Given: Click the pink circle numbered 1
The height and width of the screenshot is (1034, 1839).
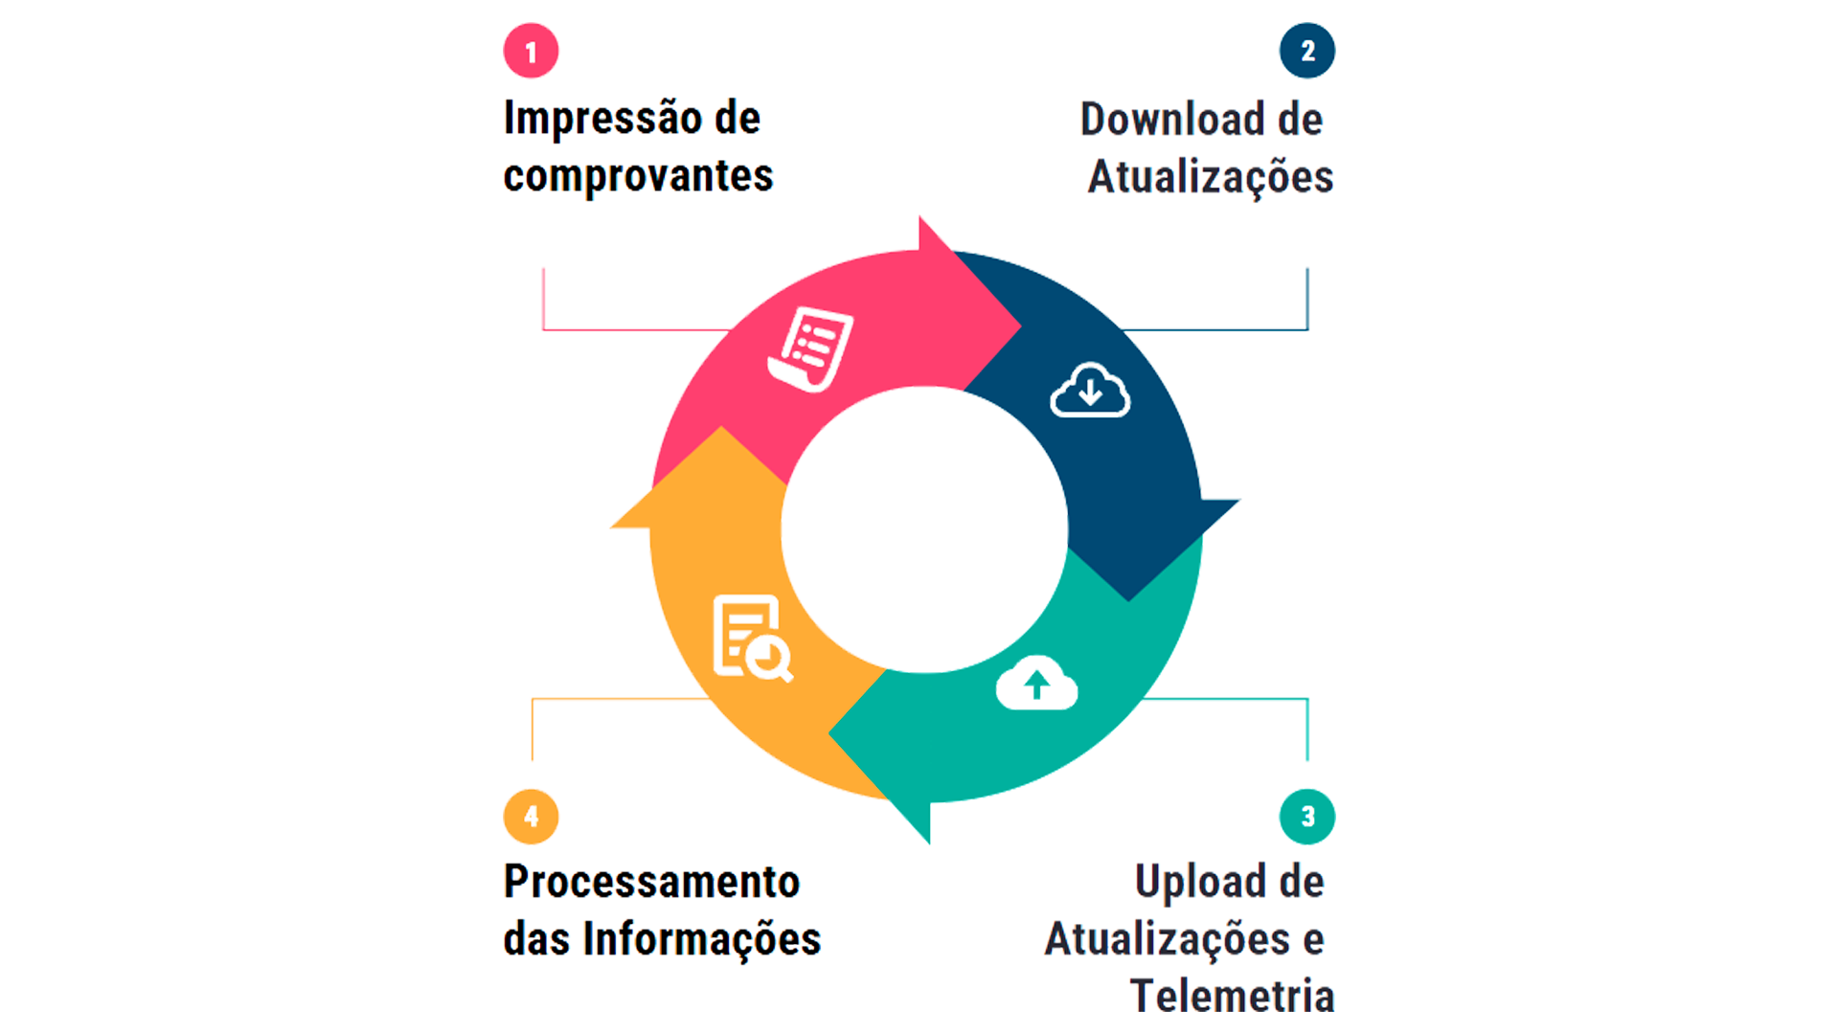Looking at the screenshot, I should (531, 51).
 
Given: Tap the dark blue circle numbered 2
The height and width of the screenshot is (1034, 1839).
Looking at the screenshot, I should (1307, 51).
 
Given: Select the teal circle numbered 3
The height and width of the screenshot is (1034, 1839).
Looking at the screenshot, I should (1307, 817).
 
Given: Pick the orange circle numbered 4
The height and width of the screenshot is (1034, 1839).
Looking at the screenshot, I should (531, 817).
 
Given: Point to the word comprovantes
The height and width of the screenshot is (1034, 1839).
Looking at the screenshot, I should (638, 175).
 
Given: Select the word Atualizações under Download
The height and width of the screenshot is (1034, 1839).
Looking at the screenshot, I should (1211, 177).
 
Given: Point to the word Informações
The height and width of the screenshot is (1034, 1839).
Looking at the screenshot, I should (703, 938).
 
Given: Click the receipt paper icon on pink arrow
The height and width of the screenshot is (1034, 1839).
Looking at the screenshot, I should (810, 348).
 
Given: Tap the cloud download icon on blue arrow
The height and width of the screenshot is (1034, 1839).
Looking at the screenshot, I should (1090, 391).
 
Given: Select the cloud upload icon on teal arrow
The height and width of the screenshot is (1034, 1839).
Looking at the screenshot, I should (1036, 684).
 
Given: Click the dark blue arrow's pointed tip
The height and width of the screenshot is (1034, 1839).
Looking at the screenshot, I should (1130, 599).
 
